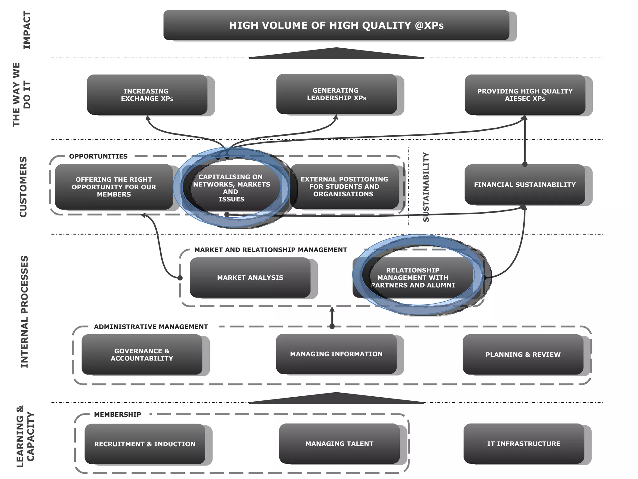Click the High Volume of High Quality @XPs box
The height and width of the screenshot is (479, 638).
336,25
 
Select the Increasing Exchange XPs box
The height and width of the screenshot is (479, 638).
147,94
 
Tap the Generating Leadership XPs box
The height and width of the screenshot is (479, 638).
336,94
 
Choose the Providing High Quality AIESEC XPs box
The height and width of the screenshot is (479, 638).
525,94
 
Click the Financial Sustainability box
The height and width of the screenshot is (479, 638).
525,184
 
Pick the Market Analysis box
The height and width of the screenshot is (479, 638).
250,277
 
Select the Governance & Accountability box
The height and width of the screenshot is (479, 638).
142,355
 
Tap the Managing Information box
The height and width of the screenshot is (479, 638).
336,354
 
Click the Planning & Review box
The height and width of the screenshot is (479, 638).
523,355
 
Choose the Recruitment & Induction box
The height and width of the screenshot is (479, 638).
145,444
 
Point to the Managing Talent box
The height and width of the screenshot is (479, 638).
339,443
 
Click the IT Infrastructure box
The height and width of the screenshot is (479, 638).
524,443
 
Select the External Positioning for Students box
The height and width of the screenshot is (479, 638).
344,186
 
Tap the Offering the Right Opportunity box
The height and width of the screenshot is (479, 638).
114,187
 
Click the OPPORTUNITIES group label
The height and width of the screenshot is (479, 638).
98,156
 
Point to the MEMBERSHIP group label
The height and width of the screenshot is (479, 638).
117,414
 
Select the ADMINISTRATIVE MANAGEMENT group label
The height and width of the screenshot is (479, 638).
151,327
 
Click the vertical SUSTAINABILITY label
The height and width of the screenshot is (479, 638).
426,187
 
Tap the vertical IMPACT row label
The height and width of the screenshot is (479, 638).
27,30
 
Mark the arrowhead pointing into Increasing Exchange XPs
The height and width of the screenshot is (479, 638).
148,118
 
